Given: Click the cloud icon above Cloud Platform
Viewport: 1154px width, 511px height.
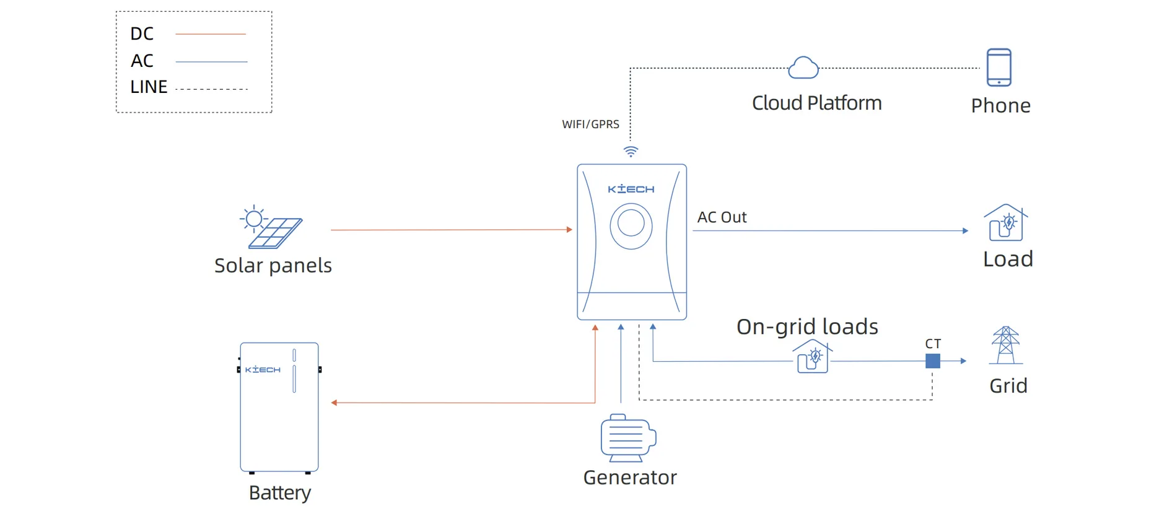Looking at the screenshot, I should (803, 68).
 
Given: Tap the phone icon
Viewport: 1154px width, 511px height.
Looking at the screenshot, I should (999, 67).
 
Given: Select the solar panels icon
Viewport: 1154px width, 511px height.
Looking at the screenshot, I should (271, 227).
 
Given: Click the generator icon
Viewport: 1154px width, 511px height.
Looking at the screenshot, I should (627, 438).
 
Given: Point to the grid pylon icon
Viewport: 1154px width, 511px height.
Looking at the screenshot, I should (1006, 345).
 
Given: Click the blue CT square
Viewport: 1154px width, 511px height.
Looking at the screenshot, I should (933, 360).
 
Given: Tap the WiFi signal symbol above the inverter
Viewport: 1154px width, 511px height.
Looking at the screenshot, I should (631, 151).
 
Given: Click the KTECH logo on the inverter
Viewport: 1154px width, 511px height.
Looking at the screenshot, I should (631, 189).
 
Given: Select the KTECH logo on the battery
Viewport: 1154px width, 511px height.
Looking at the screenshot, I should (263, 370).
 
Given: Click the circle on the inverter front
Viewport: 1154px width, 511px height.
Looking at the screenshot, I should (631, 224).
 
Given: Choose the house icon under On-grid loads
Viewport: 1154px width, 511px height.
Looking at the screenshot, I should (812, 357).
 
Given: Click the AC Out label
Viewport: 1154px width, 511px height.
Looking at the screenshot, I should (722, 217).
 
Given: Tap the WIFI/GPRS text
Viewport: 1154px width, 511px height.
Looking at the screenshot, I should (590, 124).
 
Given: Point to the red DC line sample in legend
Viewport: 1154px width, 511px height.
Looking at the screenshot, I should (211, 34).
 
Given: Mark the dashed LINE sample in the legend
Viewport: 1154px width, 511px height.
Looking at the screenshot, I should (211, 90).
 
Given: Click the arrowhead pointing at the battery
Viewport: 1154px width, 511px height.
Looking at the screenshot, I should (334, 403).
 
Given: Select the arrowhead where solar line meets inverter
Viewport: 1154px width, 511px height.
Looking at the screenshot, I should (569, 230).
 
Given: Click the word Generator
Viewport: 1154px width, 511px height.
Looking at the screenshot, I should (630, 478).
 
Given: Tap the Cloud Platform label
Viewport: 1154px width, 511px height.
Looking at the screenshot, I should (816, 103).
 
